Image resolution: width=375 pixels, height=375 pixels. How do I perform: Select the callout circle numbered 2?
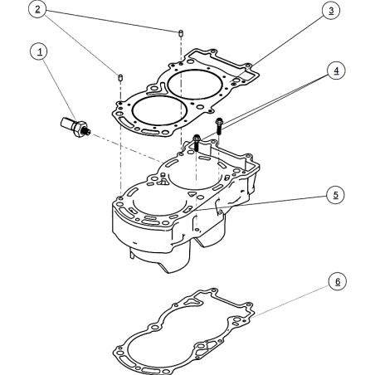tap(37, 9)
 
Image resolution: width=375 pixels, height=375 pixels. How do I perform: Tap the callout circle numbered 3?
tap(331, 10)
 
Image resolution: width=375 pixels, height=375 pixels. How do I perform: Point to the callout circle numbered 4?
tap(336, 71)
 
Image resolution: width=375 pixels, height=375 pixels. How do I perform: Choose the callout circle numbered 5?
tap(335, 195)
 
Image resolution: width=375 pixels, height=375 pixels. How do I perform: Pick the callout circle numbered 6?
tap(338, 281)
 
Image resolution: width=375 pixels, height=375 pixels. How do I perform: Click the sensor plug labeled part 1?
tap(75, 127)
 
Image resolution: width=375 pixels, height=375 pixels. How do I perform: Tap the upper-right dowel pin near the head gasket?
tap(180, 32)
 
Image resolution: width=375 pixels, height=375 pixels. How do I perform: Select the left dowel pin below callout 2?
tap(120, 77)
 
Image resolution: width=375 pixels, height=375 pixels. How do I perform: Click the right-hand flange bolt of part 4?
tap(219, 125)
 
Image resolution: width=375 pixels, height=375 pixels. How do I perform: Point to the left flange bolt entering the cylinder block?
tap(197, 143)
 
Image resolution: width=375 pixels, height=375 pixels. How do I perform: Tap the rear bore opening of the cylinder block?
tap(196, 174)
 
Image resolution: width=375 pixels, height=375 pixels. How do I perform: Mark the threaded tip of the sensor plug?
tap(88, 132)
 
